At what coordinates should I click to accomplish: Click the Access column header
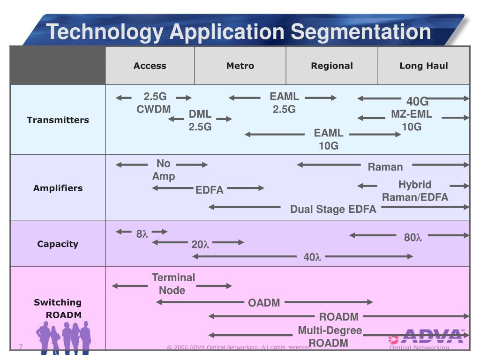coord(150,66)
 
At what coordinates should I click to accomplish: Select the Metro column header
coord(240,66)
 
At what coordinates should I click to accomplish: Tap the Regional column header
coord(332,66)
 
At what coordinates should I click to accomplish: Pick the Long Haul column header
coord(424,66)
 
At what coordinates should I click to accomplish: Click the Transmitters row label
coord(58,120)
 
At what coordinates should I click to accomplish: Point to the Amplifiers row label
coord(58,188)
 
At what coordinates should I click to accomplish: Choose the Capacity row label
coord(58,244)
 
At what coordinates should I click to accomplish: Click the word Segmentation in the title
coord(360,32)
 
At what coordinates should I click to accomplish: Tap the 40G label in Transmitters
coord(417,102)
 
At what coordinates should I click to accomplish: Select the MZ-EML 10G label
coord(412,120)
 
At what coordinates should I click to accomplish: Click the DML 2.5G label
coord(200,120)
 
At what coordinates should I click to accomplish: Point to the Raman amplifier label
coord(385,167)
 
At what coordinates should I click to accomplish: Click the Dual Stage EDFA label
coord(333,209)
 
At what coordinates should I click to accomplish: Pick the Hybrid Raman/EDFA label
coord(415,191)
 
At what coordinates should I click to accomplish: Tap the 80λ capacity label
coord(413,238)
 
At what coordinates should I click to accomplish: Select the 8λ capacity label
coord(142,233)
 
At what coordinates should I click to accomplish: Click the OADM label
coord(264,303)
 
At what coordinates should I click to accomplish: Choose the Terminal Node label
coord(173,284)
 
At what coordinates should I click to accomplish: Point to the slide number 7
coord(21,347)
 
